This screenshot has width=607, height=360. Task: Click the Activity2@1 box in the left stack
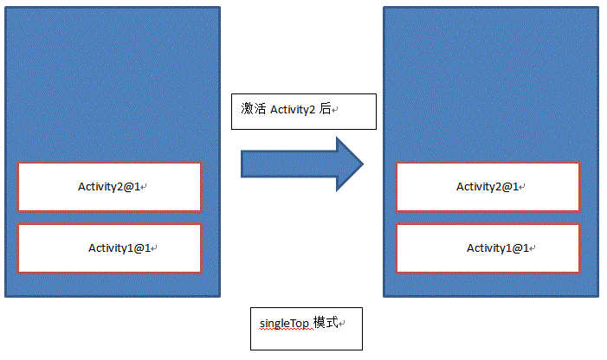pos(109,186)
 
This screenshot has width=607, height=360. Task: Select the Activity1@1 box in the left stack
pos(109,248)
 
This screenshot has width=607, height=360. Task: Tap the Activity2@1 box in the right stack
pos(488,186)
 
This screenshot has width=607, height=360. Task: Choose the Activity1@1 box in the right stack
pos(488,248)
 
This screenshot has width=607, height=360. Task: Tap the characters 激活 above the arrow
pos(253,110)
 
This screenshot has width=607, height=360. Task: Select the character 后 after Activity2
pos(326,110)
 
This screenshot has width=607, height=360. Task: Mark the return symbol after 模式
pos(342,325)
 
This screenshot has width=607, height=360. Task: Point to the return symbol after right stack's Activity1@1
pos(534,249)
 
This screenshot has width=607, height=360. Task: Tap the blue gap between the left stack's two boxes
pos(109,217)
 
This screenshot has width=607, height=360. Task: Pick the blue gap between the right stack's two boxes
pos(488,217)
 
